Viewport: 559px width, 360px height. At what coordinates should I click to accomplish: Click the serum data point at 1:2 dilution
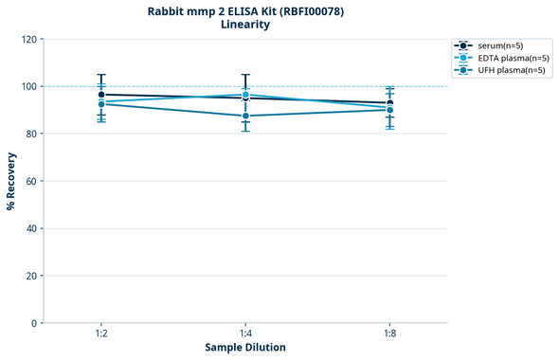pyautogui.click(x=101, y=95)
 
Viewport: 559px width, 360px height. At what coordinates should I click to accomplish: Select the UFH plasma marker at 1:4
pyautogui.click(x=245, y=116)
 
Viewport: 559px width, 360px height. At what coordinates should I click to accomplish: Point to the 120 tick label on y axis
pyautogui.click(x=28, y=39)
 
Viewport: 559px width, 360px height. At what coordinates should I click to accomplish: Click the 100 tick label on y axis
pyautogui.click(x=28, y=86)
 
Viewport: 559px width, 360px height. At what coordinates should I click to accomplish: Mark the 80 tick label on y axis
pyautogui.click(x=31, y=134)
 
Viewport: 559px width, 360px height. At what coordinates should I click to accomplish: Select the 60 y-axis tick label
pyautogui.click(x=31, y=181)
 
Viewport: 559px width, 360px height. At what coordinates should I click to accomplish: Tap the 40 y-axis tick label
pyautogui.click(x=31, y=228)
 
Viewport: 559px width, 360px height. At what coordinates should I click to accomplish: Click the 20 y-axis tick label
pyautogui.click(x=31, y=276)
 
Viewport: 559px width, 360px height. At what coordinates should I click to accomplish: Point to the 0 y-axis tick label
pyautogui.click(x=34, y=323)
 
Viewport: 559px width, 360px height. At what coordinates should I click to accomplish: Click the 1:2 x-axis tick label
pyautogui.click(x=101, y=333)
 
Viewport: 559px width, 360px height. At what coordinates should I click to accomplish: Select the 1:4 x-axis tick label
pyautogui.click(x=245, y=333)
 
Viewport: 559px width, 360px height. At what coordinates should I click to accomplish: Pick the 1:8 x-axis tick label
pyautogui.click(x=389, y=333)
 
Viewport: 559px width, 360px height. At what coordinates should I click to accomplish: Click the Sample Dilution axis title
pyautogui.click(x=245, y=348)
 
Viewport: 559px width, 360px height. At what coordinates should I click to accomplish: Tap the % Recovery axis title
pyautogui.click(x=11, y=181)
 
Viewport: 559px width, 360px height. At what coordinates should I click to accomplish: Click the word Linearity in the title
pyautogui.click(x=245, y=25)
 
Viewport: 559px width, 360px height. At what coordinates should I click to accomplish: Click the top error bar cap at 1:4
pyautogui.click(x=245, y=75)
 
